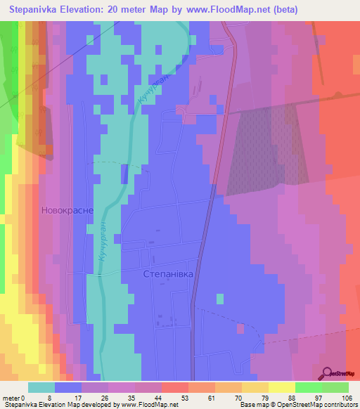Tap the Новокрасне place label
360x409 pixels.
[x=68, y=210]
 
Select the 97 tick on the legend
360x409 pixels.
[x=322, y=398]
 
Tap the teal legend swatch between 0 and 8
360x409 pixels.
[x=41, y=387]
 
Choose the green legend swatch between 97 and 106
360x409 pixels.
[x=335, y=387]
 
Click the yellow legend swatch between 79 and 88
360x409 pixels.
[x=282, y=387]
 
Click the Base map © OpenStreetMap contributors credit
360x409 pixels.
[x=299, y=405]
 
